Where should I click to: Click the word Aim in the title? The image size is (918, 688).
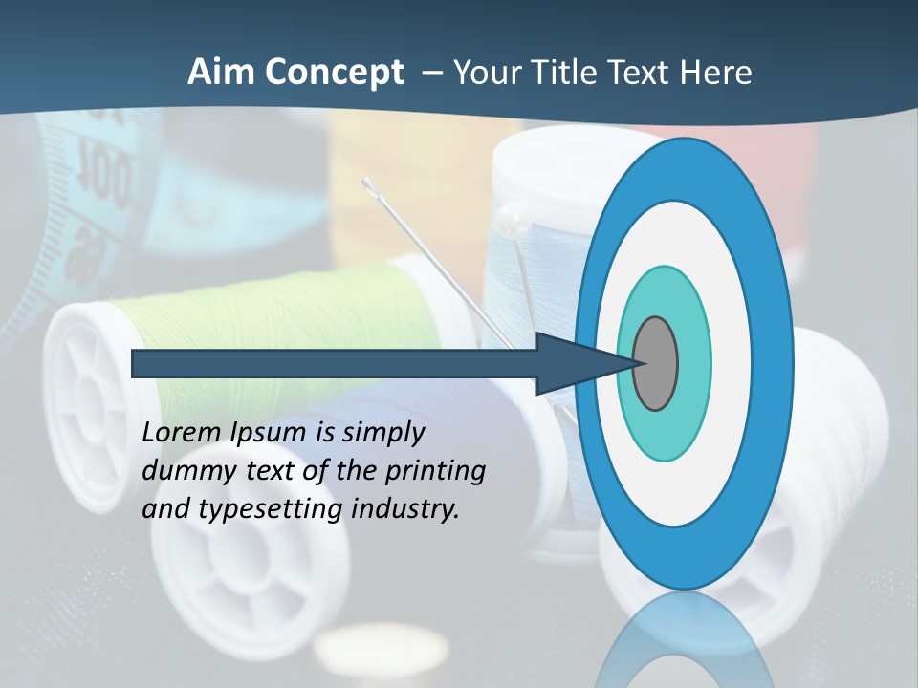[222, 73]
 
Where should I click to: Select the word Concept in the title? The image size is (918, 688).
[335, 73]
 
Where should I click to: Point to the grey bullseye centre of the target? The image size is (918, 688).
[655, 364]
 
